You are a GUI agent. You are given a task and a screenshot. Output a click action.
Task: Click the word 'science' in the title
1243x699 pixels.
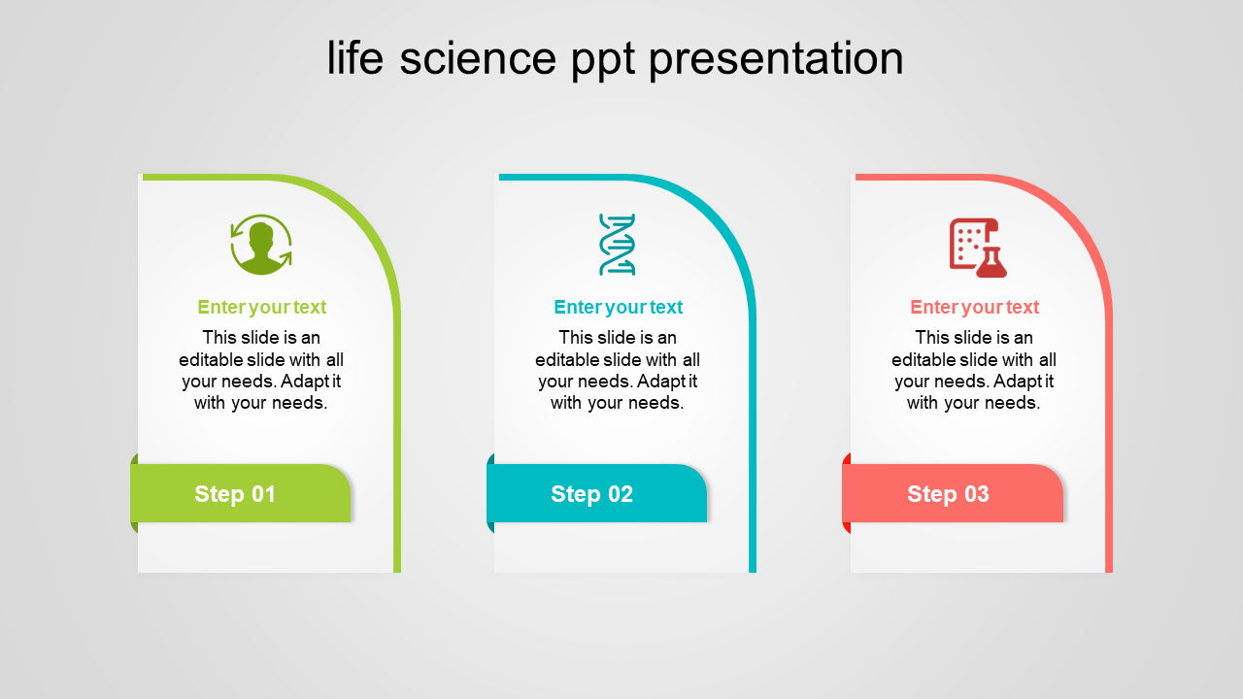pyautogui.click(x=478, y=58)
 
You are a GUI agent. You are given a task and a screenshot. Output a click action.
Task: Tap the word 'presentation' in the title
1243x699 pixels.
pyautogui.click(x=776, y=60)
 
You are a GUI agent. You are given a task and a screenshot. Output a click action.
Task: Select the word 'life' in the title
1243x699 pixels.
pyautogui.click(x=355, y=56)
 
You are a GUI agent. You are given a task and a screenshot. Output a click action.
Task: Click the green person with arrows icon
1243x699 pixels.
pyautogui.click(x=261, y=245)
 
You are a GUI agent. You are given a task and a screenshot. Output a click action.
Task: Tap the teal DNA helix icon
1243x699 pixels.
pyautogui.click(x=617, y=245)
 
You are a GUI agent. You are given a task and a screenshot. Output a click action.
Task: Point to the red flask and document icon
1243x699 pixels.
pyautogui.click(x=978, y=248)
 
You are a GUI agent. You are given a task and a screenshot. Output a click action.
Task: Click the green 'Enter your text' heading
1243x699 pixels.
pyautogui.click(x=262, y=308)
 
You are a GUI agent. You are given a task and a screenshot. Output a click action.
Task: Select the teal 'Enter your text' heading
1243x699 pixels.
pyautogui.click(x=619, y=308)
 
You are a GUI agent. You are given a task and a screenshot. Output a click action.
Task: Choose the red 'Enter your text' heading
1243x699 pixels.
pyautogui.click(x=974, y=308)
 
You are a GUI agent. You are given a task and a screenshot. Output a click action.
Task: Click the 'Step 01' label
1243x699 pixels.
pyautogui.click(x=235, y=494)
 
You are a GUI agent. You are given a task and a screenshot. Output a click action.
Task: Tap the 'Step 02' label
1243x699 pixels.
pyautogui.click(x=591, y=494)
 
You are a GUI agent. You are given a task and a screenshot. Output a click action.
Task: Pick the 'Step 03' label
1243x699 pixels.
pyautogui.click(x=948, y=494)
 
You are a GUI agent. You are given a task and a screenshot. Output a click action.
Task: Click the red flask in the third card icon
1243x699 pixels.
pyautogui.click(x=991, y=263)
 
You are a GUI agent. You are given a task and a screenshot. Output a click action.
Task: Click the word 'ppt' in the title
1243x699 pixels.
pyautogui.click(x=603, y=60)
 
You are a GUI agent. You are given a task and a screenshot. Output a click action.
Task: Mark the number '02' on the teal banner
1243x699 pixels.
pyautogui.click(x=621, y=494)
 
